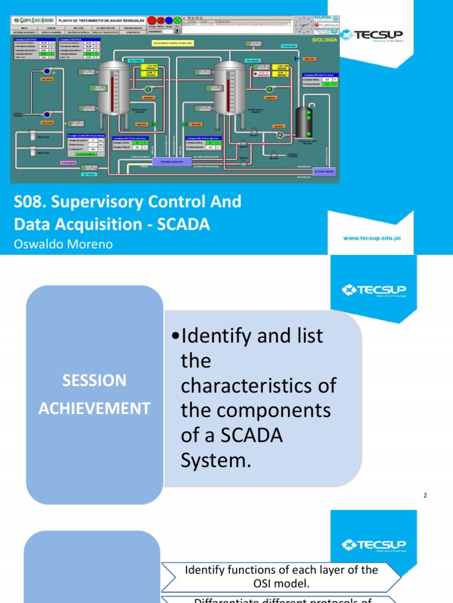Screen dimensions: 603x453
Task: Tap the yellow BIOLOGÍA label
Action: click(x=324, y=39)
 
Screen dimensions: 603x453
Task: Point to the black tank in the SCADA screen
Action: click(x=304, y=122)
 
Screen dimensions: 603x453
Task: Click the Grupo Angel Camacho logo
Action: click(x=33, y=20)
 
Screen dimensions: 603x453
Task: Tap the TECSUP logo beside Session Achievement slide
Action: click(x=373, y=289)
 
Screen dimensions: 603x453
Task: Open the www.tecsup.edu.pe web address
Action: click(x=372, y=238)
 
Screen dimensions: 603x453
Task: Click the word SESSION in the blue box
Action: click(x=94, y=380)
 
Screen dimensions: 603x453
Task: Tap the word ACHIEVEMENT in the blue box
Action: click(x=94, y=408)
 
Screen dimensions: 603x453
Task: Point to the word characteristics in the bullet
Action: click(x=258, y=386)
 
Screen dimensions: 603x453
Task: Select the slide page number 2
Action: click(x=425, y=496)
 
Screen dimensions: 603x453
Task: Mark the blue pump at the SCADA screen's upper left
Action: click(x=47, y=71)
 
